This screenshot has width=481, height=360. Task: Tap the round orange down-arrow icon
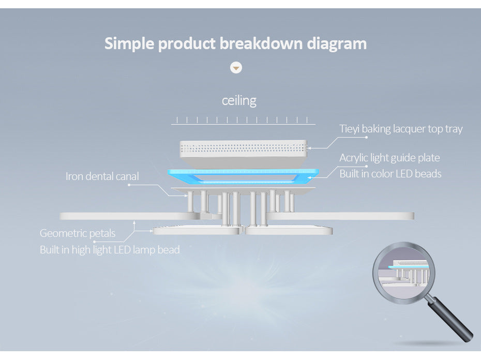coord(236,68)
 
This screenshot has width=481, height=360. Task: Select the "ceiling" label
coord(239,100)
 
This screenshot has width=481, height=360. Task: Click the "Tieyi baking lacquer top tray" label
coord(401,129)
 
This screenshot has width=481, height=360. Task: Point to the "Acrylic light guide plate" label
coord(389,158)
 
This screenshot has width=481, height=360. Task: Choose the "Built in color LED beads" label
coord(390,174)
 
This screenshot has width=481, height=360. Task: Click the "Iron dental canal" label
coord(102,176)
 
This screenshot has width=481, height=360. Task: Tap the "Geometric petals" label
coord(78,233)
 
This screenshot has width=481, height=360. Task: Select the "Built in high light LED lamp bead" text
coord(110,250)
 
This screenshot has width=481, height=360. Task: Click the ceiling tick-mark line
coord(243,121)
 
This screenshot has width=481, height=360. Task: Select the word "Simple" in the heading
coord(129,43)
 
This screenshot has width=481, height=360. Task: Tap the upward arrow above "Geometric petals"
coord(134,224)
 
